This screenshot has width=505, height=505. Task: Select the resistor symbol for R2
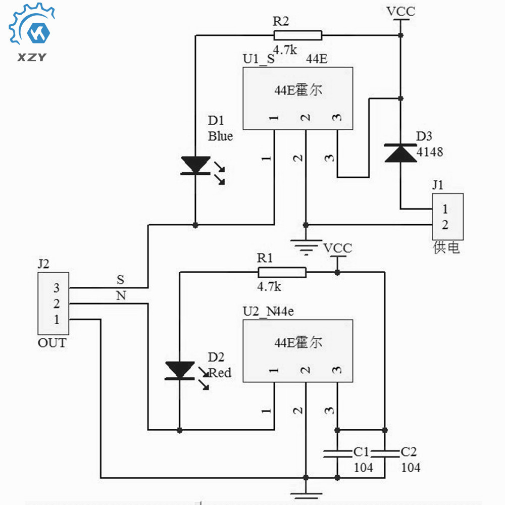click(297, 35)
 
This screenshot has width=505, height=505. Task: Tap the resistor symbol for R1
click(282, 273)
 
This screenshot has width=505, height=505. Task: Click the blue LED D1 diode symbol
click(195, 166)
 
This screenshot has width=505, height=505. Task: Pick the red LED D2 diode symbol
click(180, 370)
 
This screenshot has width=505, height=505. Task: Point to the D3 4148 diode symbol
click(401, 153)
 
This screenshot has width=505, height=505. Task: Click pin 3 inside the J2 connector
click(57, 288)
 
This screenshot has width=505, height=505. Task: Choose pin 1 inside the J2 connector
click(57, 319)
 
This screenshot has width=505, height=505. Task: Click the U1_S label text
click(259, 59)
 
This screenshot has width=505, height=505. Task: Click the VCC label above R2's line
click(401, 11)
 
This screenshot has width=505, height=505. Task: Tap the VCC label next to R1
click(338, 248)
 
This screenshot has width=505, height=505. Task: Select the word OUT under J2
click(52, 343)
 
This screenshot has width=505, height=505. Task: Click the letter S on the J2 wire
click(120, 279)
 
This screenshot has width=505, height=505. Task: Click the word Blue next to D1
click(221, 136)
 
